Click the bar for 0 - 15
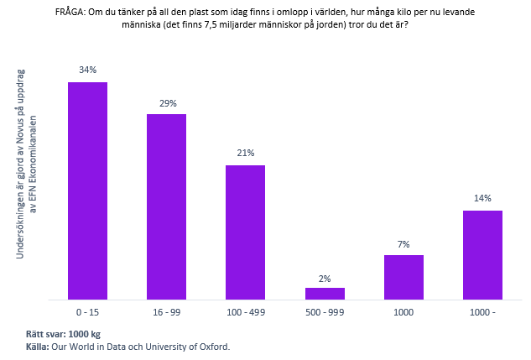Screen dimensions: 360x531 [x=87, y=190]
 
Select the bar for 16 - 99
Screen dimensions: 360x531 [x=166, y=206]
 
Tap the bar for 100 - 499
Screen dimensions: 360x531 [x=245, y=232]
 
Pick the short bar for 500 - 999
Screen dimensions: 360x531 [x=325, y=293]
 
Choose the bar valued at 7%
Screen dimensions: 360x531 [x=403, y=277]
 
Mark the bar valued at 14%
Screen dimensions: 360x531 [x=482, y=254]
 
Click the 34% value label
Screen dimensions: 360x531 [x=87, y=70]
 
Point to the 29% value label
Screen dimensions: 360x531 [x=167, y=103]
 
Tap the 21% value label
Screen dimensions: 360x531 [x=246, y=154]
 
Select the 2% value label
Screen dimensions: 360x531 [x=325, y=278]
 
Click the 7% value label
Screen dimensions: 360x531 [x=403, y=244]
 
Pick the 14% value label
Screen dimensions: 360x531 [x=482, y=199]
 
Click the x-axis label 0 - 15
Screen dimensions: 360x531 [x=87, y=311]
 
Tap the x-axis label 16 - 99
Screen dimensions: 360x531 [x=166, y=311]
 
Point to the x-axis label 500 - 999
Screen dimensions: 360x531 [x=325, y=311]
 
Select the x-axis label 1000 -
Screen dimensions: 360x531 [x=482, y=311]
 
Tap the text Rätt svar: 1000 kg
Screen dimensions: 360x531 [x=63, y=334]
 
